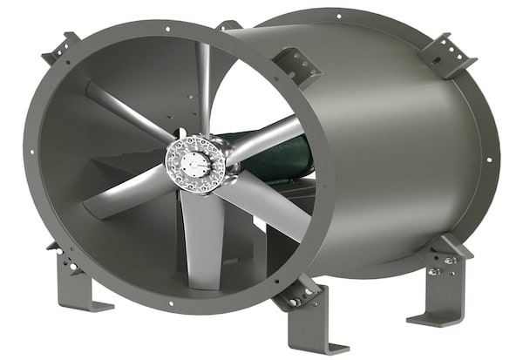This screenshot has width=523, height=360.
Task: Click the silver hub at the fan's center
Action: coord(194,161)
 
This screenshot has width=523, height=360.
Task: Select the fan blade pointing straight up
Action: coord(202,87)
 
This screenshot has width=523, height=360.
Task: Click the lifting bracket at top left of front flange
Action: coord(61,48)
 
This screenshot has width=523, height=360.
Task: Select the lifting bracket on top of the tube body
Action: coord(296,65)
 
